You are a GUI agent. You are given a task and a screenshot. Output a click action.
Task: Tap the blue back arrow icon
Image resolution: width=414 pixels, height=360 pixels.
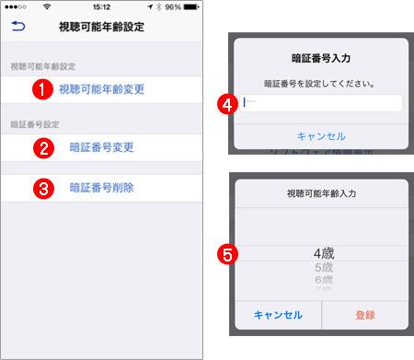(17, 29)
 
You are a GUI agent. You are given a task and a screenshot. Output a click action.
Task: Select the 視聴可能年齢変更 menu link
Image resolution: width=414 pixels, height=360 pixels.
(101, 90)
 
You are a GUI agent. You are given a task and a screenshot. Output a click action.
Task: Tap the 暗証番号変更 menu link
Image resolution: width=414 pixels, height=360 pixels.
(101, 146)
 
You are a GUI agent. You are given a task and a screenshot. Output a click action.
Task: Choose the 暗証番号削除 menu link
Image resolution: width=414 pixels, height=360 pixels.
(101, 188)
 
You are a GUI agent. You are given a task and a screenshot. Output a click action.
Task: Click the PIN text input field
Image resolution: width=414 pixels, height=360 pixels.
(321, 103)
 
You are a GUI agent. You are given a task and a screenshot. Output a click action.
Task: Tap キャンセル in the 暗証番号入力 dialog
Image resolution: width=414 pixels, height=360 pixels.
(321, 135)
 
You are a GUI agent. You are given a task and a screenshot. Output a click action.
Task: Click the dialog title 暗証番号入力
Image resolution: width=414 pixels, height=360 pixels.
(321, 58)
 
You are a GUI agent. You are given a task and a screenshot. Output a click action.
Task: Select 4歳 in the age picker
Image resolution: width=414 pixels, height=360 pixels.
(321, 250)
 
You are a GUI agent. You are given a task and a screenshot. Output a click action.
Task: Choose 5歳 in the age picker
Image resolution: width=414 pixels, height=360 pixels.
(321, 267)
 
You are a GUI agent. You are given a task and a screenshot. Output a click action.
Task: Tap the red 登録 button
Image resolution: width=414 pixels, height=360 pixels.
(365, 314)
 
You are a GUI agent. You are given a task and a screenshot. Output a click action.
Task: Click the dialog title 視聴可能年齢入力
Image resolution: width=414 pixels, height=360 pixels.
(321, 196)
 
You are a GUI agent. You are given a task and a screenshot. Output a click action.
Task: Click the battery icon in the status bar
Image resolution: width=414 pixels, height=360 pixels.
(195, 7)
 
